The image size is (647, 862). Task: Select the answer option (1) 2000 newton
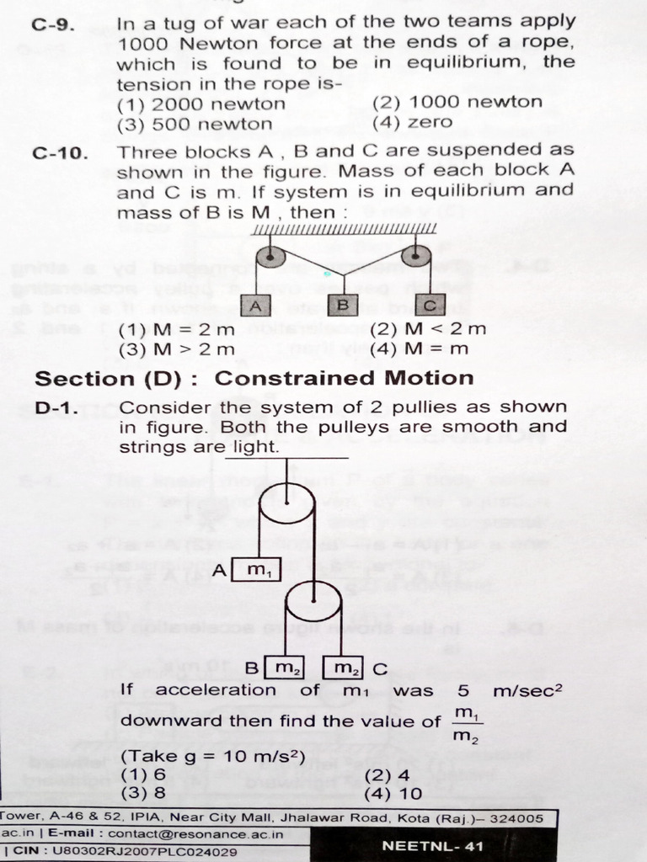(201, 104)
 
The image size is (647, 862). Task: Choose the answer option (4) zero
(412, 123)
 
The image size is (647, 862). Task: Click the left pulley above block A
(270, 255)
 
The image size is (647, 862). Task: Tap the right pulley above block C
(415, 255)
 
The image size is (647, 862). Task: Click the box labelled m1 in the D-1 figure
(257, 570)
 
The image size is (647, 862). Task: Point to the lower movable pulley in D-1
(313, 604)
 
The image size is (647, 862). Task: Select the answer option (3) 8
(142, 792)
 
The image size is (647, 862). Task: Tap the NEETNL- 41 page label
(433, 845)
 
